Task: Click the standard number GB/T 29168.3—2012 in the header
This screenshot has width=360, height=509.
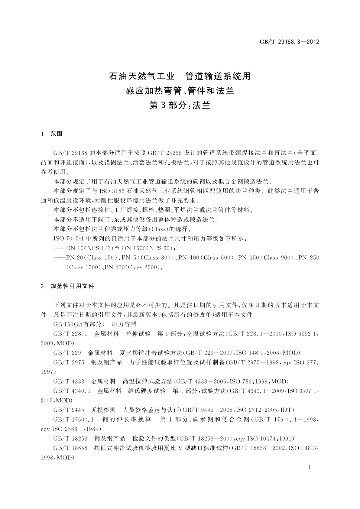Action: point(289,42)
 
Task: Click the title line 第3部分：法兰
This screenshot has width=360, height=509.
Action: point(180,105)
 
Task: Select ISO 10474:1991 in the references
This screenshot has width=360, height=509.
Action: point(270,439)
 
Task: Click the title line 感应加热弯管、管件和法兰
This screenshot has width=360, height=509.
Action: point(180,90)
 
